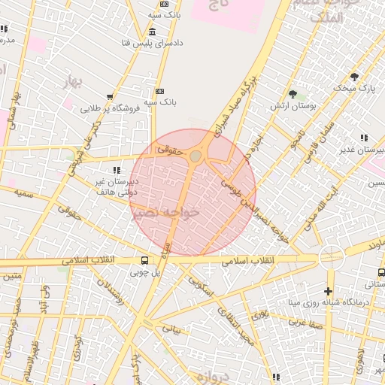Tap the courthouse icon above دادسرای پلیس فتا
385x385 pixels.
click(153, 32)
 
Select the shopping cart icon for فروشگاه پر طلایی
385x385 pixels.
click(111, 96)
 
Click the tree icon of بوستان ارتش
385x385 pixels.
click(292, 94)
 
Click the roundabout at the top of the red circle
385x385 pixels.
click(196, 156)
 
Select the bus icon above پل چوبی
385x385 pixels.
click(144, 260)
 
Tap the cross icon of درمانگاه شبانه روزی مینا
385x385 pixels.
click(328, 290)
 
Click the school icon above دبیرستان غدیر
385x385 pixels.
click(365, 138)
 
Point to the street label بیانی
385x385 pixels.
click(173, 329)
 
